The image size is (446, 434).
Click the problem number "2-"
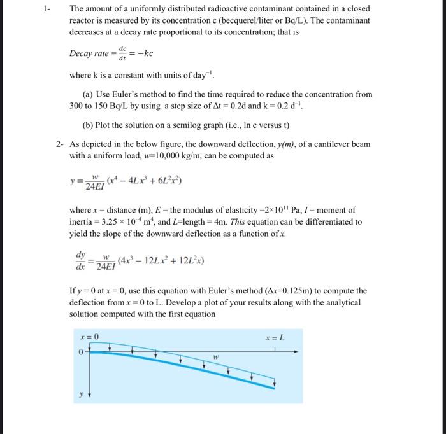pyautogui.click(x=59, y=144)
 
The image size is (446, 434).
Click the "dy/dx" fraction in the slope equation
pyautogui.click(x=81, y=259)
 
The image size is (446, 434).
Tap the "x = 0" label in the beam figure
pyautogui.click(x=89, y=337)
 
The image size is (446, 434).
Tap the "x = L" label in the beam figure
pyautogui.click(x=275, y=337)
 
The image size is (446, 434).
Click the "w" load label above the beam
pyautogui.click(x=216, y=358)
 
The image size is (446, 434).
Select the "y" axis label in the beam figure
pyautogui.click(x=81, y=395)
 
